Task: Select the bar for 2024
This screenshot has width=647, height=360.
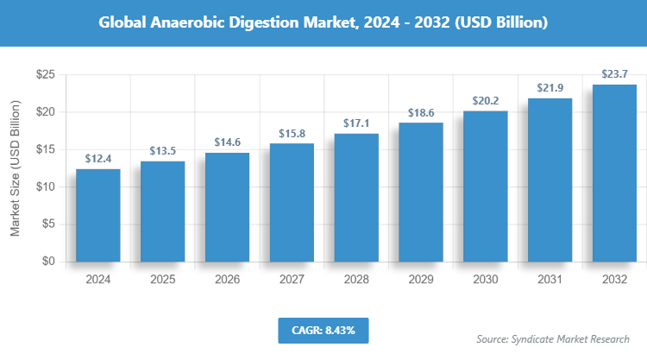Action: [x=97, y=215]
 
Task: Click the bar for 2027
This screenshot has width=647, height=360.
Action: [x=292, y=202]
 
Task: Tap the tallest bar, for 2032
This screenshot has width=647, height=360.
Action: [x=615, y=173]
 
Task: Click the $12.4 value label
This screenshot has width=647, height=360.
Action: [x=97, y=159]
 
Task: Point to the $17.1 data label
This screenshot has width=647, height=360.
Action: [x=356, y=123]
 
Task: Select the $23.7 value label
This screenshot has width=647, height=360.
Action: [x=615, y=74]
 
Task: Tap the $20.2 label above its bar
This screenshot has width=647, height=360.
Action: [x=486, y=101]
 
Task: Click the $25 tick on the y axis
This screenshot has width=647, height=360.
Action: [x=45, y=75]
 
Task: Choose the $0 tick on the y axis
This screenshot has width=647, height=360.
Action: [x=48, y=261]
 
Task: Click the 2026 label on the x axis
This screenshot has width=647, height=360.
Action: [x=227, y=280]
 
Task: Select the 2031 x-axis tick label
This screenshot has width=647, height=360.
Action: [x=550, y=280]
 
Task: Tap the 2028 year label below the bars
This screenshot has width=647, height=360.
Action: [x=356, y=280]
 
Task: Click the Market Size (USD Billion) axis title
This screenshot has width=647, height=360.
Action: [x=15, y=168]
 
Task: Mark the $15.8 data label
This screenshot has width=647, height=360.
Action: [x=292, y=133]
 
